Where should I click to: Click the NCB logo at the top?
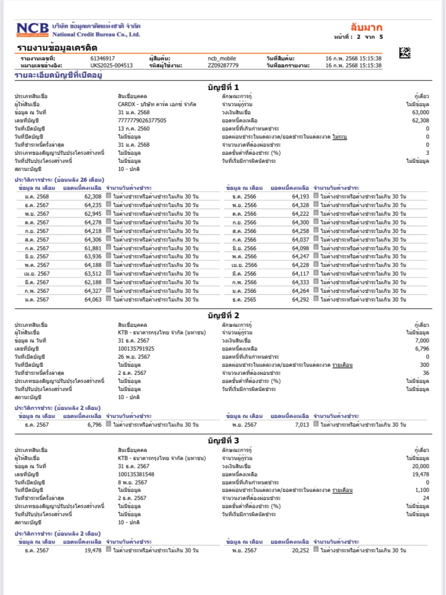pos(33,30)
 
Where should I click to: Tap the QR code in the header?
pos(405,53)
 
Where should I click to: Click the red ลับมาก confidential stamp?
pos(366,28)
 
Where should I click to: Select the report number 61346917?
pos(103,58)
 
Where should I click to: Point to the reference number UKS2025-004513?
pos(111,65)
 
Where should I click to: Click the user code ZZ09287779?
pos(222,65)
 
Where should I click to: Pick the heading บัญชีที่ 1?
pos(223,87)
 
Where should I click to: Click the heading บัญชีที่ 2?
pos(223,315)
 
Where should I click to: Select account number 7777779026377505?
pos(142,121)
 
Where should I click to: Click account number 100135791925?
pos(136,348)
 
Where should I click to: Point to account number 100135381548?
pos(136,474)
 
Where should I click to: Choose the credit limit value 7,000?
pos(422,341)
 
